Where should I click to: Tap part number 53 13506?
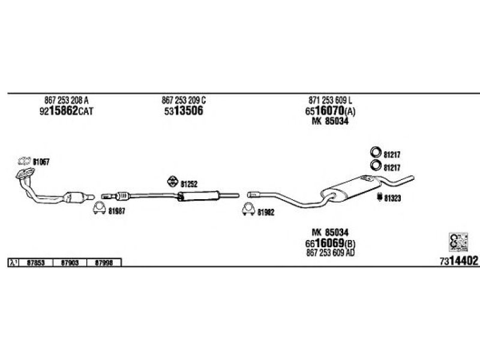[x=182, y=111]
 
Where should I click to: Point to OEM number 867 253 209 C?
[x=184, y=100]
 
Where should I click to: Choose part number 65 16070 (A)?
[x=330, y=111]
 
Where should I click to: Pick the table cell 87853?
[x=35, y=263]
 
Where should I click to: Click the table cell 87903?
[x=70, y=263]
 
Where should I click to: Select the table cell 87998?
[x=104, y=263]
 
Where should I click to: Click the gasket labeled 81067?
[x=25, y=161]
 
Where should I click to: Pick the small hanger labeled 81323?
[x=379, y=197]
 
